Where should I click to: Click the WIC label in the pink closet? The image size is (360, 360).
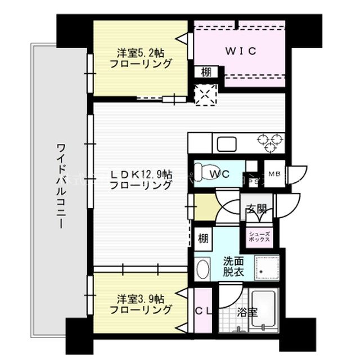tap(241, 51)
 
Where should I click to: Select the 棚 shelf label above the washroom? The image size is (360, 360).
tap(202, 238)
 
